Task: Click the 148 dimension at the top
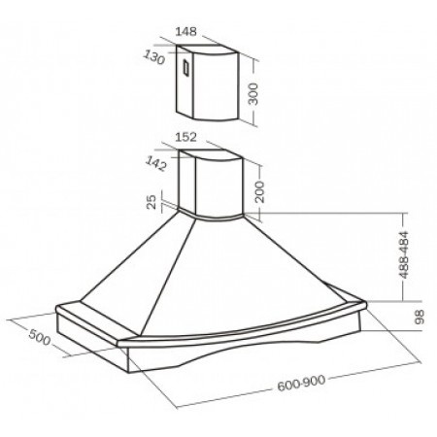[185, 32]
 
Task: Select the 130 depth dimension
[154, 57]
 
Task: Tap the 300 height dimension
[253, 94]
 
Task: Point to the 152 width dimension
[185, 137]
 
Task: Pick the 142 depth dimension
[156, 163]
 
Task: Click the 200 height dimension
[259, 191]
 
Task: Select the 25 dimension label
[151, 202]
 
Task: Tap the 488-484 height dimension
[404, 254]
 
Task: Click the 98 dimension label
[419, 317]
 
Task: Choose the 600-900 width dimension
[301, 383]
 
